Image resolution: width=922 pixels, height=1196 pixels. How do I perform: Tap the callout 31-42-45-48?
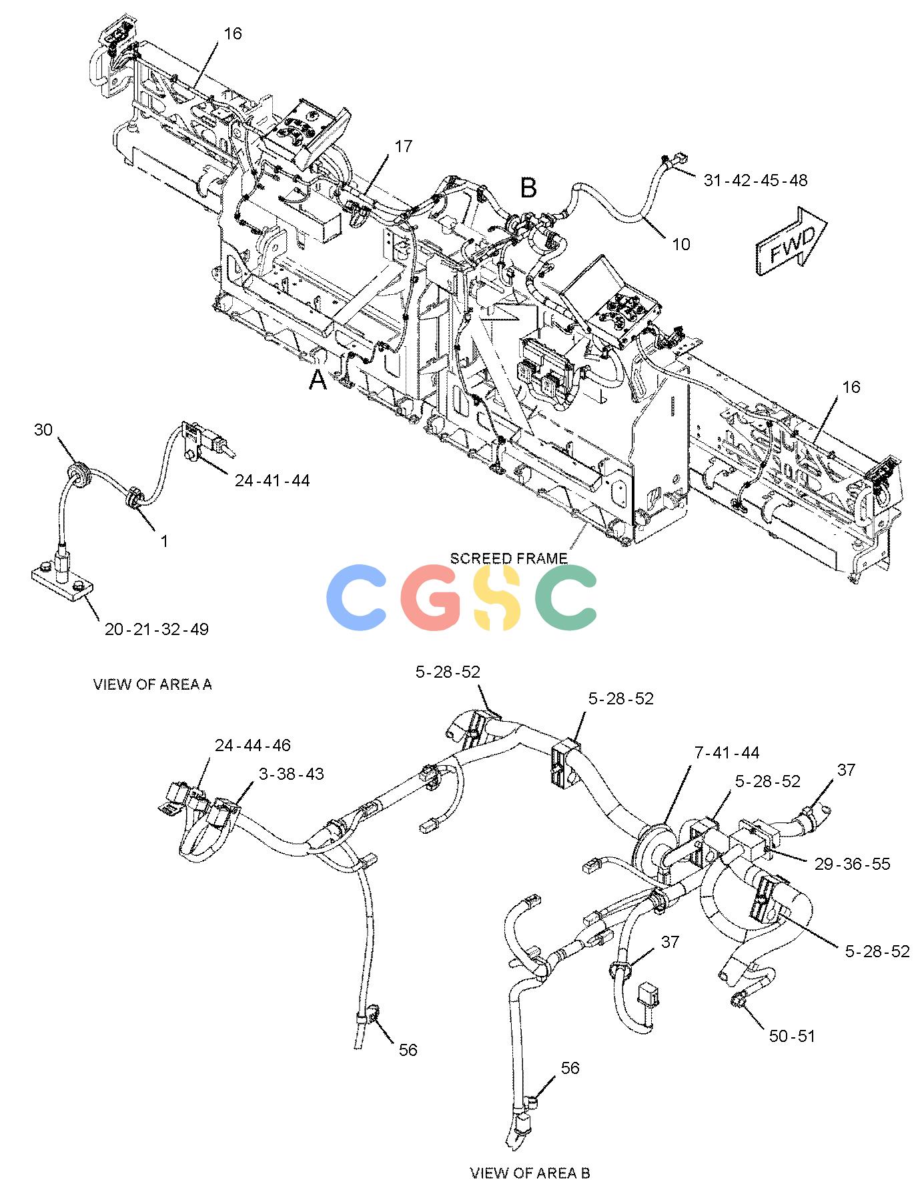755,180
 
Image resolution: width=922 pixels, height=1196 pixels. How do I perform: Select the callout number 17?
404,146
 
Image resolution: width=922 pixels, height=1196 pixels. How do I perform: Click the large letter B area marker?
528,188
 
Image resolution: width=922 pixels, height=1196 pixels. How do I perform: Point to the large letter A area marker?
318,380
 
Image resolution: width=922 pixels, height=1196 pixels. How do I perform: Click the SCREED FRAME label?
509,558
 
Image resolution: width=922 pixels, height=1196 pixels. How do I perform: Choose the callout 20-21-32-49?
157,629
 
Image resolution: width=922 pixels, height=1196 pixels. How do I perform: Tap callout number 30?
43,430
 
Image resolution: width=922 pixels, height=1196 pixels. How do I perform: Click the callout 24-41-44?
272,480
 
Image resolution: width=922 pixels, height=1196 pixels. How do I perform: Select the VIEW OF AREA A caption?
153,684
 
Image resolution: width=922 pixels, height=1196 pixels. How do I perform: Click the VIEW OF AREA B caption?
530,1173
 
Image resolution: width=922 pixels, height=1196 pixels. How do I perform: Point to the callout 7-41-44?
727,752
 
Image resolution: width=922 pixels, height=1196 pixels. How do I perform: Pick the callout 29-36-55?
853,864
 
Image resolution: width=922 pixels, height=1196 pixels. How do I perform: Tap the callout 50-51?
792,1036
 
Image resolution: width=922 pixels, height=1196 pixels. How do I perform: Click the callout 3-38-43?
292,774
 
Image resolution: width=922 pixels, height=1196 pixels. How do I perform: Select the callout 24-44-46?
253,745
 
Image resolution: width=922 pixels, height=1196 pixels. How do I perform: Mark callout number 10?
681,244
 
